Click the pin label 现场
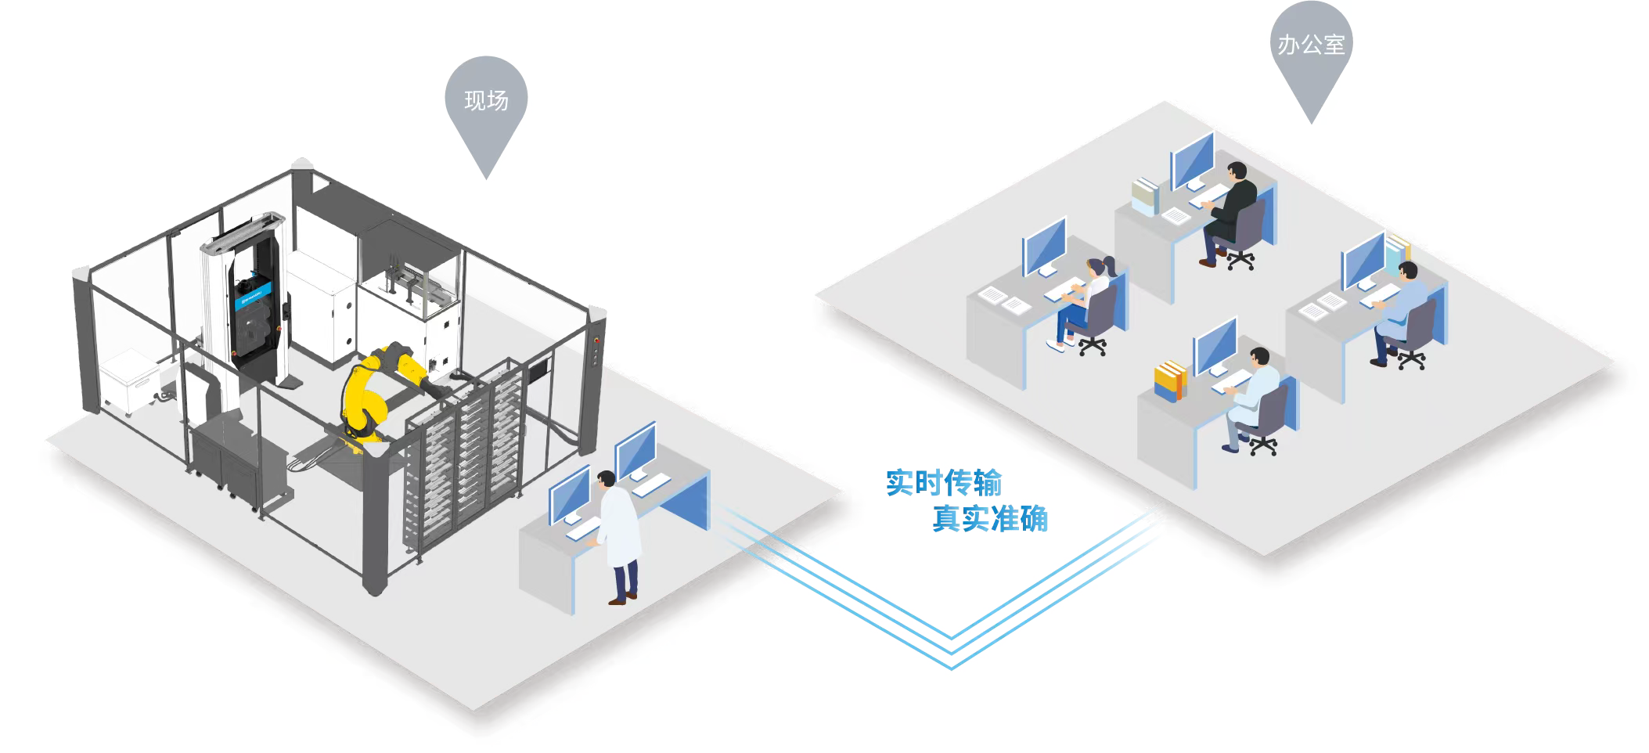[x=486, y=101]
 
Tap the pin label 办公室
[x=1311, y=45]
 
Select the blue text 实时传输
[x=943, y=483]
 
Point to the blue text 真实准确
[x=989, y=519]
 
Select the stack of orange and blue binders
[x=1170, y=381]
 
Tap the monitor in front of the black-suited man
[x=1191, y=160]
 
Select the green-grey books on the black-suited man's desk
[x=1146, y=196]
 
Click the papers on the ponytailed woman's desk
[x=1004, y=300]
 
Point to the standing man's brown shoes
[x=623, y=600]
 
